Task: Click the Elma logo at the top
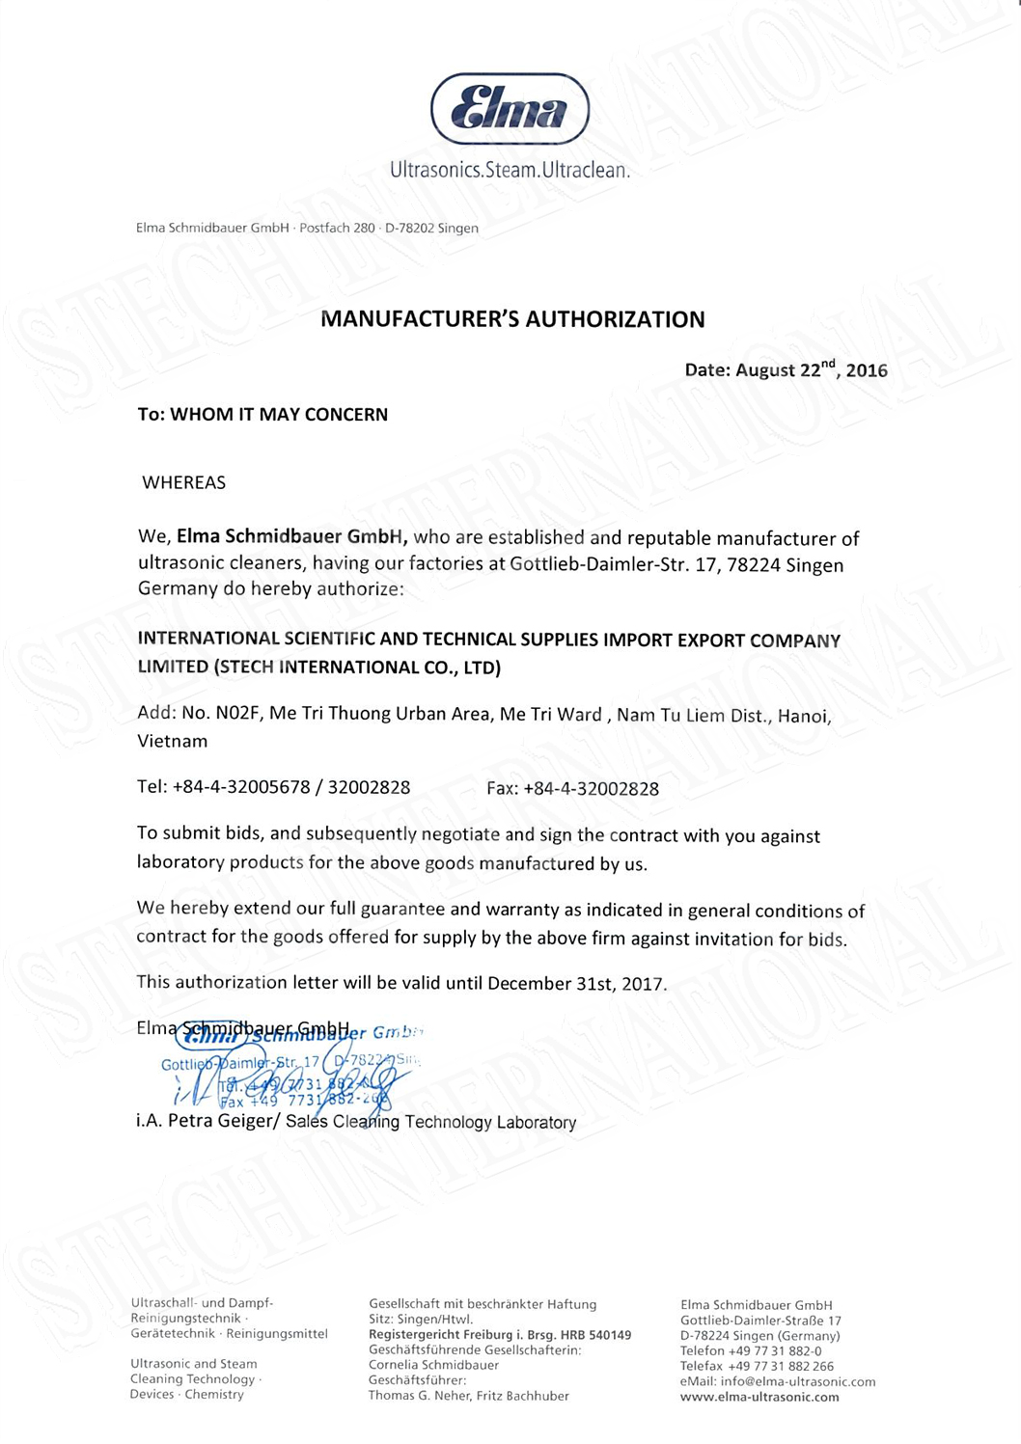tap(510, 108)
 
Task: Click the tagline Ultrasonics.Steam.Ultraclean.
tap(510, 171)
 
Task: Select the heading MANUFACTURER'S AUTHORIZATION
tap(512, 319)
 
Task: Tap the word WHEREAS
tap(183, 482)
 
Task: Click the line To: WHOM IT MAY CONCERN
tap(262, 415)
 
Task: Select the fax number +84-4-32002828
tap(591, 789)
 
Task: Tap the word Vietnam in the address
tap(173, 741)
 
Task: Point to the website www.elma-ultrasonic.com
tap(759, 1397)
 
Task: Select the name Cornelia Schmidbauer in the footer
tap(433, 1365)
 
